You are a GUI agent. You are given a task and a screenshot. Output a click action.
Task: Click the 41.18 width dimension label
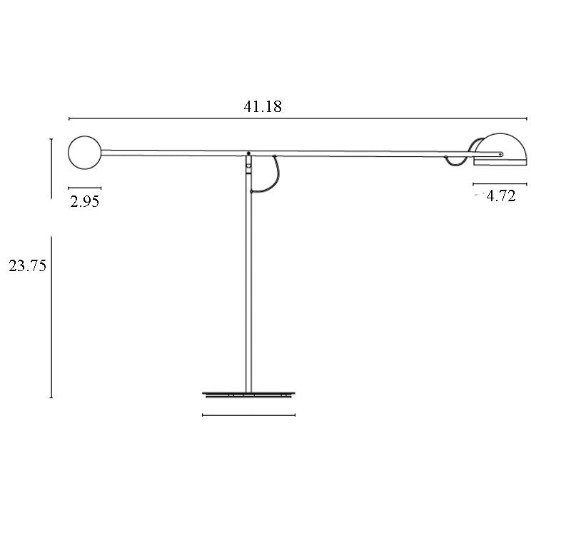click(x=263, y=107)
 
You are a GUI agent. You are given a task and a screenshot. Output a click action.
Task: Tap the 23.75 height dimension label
click(x=28, y=266)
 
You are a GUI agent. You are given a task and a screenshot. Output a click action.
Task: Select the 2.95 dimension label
click(x=84, y=201)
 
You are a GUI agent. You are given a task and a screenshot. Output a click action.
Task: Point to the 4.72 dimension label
click(x=501, y=196)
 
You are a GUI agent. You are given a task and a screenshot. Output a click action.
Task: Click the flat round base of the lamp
click(x=248, y=395)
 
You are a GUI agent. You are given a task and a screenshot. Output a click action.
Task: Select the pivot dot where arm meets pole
click(x=248, y=153)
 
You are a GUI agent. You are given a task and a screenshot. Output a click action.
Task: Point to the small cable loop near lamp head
click(x=455, y=163)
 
